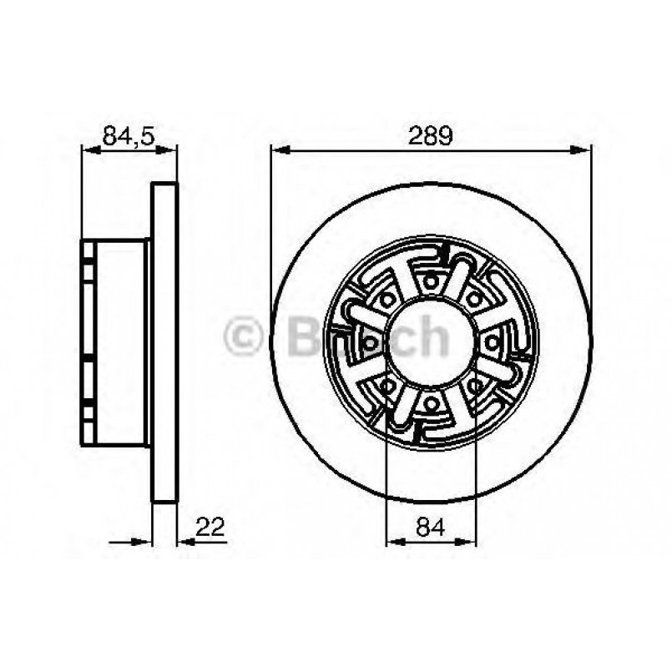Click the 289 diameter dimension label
430,134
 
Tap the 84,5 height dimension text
129,134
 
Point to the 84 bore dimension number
430,527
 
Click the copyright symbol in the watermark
244,337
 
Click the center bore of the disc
430,342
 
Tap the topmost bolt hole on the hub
431,282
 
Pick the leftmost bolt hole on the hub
369,342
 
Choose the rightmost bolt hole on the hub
492,342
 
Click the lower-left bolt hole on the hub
387,386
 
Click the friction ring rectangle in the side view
164,342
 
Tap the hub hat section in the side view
117,342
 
